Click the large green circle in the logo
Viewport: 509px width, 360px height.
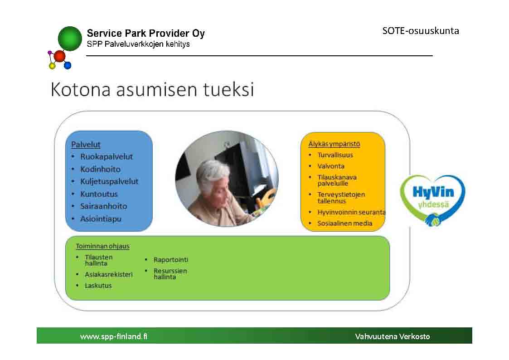click(70, 39)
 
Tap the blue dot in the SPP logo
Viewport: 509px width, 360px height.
click(68, 66)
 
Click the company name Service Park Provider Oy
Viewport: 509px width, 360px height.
click(146, 33)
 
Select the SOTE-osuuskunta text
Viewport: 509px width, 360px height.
click(421, 31)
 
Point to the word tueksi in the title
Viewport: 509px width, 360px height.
click(228, 89)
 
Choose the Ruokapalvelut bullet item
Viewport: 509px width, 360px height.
click(107, 156)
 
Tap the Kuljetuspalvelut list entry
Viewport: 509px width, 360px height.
click(109, 181)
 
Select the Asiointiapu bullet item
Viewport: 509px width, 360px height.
click(101, 219)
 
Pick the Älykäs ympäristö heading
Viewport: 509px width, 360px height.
click(334, 144)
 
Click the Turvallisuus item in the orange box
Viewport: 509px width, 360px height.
click(335, 155)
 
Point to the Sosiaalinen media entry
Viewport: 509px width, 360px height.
click(345, 224)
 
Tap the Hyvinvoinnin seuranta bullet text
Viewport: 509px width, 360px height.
click(351, 212)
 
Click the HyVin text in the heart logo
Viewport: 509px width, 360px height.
click(433, 192)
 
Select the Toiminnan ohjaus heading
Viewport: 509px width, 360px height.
click(102, 246)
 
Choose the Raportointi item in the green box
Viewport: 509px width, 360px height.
click(171, 260)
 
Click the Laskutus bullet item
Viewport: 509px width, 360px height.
click(98, 286)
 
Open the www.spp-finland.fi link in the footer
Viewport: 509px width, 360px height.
click(114, 336)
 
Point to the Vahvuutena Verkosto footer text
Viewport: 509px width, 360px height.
click(393, 336)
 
